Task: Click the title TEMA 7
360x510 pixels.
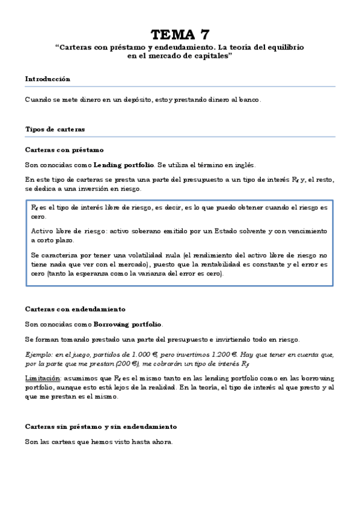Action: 180,34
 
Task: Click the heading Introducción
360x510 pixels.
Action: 47,79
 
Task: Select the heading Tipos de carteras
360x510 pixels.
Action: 55,129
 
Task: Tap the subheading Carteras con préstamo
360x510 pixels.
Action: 64,149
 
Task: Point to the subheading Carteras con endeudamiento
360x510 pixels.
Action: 75,309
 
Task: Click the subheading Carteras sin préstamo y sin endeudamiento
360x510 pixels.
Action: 101,426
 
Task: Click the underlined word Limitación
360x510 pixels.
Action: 43,378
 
